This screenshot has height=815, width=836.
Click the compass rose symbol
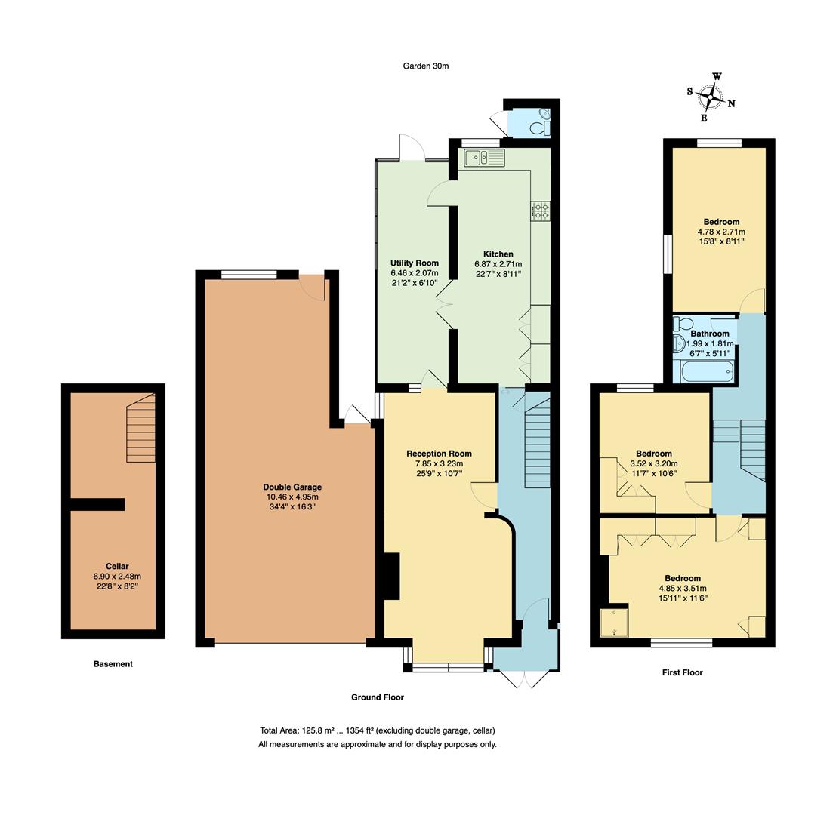pos(711,97)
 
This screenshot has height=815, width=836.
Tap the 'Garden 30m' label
pos(425,66)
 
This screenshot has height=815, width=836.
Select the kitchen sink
pos(484,158)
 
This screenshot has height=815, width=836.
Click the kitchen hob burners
pos(541,211)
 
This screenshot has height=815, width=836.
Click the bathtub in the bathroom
pos(706,371)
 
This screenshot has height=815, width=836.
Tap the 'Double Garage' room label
pos(292,487)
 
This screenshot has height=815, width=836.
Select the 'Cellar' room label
pos(117,566)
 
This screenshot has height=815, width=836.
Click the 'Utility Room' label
pos(415,263)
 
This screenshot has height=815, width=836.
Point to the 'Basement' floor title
pos(113,664)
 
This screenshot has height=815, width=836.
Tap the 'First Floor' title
pos(682,672)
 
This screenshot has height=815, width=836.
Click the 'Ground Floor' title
pos(377,697)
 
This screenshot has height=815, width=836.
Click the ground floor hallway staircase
pos(536,445)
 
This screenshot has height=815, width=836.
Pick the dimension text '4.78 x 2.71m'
pos(720,232)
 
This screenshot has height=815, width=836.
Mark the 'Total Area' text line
pos(377,730)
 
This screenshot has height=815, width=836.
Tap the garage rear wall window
pos(249,275)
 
